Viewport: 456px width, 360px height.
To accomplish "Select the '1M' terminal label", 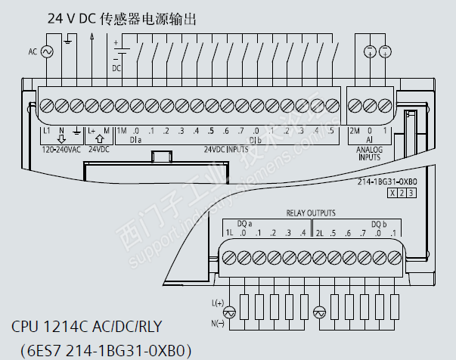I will [121, 131].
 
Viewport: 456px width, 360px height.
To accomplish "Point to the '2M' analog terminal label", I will [354, 131].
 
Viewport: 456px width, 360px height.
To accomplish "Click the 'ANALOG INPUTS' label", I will [370, 154].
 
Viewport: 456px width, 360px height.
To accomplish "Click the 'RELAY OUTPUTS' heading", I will [310, 213].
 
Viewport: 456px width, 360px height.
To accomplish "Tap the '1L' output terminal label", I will [228, 232].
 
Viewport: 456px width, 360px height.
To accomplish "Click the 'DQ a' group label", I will [244, 223].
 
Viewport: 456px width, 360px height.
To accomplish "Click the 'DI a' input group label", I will [136, 140].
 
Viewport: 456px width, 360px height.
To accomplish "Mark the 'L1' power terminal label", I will [47, 131].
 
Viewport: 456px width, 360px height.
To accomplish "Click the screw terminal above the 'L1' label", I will [47, 104].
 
